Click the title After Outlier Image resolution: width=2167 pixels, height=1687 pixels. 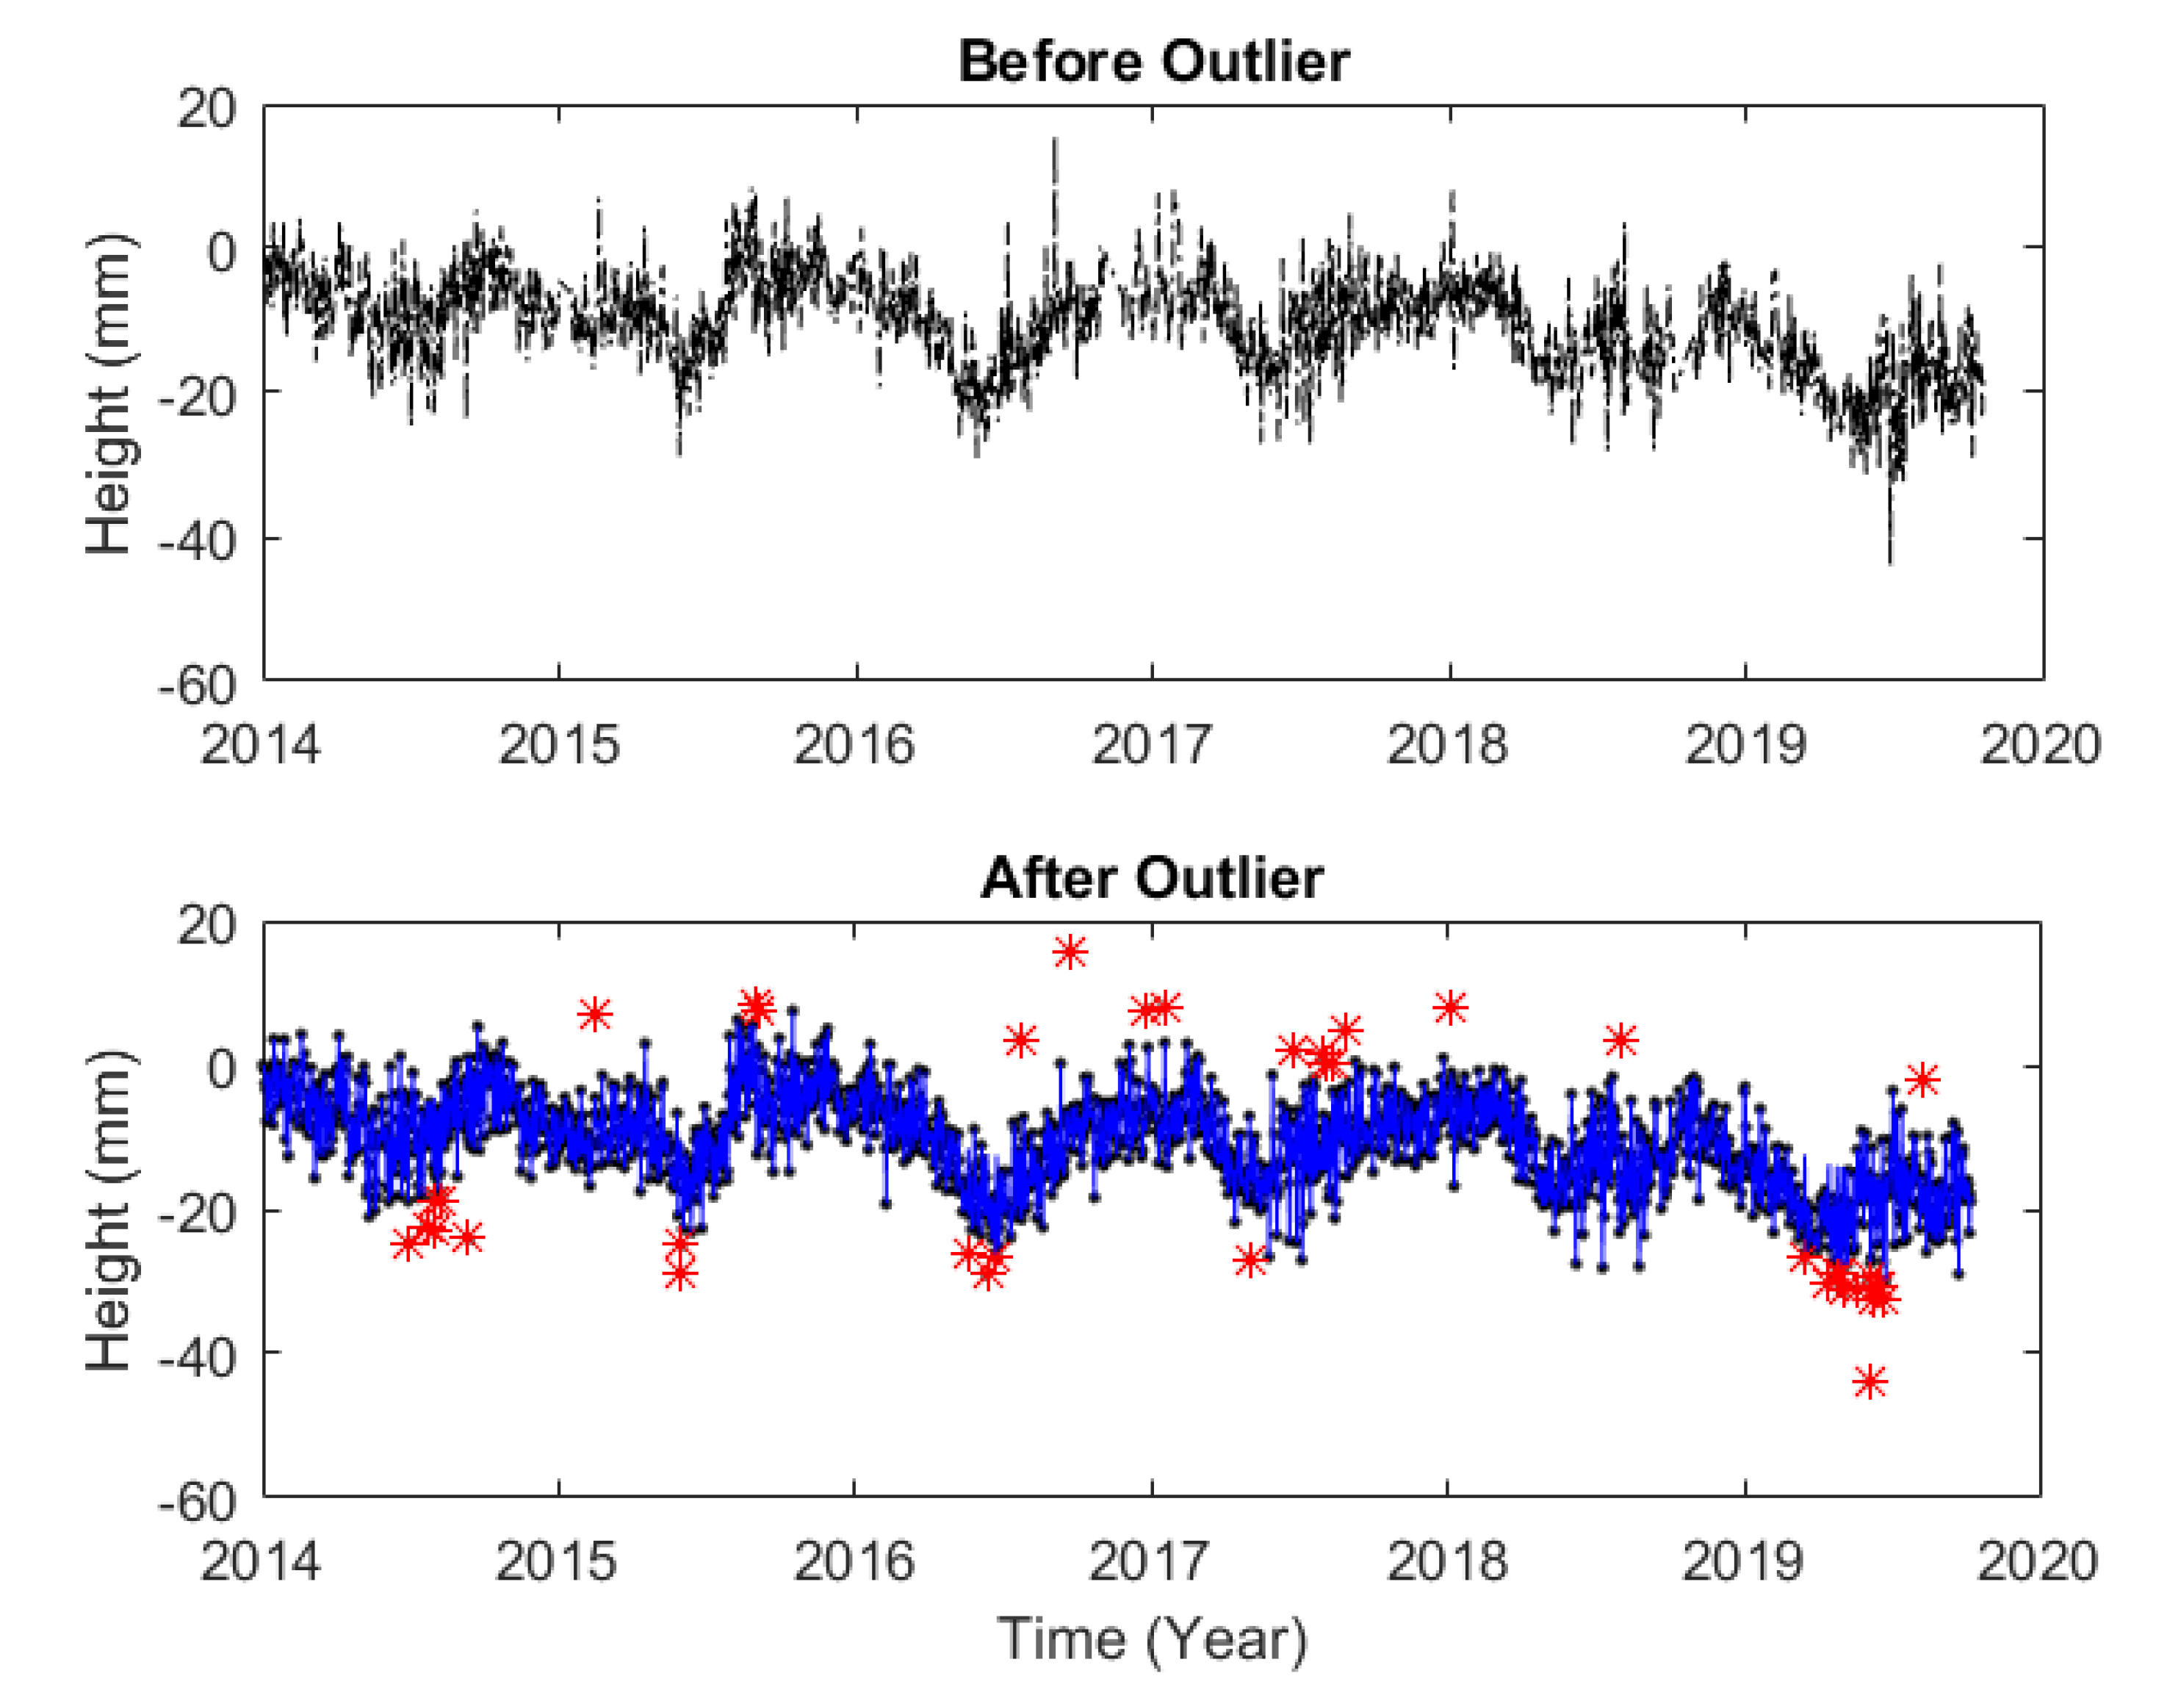click(x=1152, y=878)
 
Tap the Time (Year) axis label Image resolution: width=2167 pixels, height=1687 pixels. click(x=1152, y=1639)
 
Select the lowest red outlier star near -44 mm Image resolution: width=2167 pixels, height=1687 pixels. click(x=1869, y=1381)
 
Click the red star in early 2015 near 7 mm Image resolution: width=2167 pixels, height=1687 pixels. click(x=594, y=1014)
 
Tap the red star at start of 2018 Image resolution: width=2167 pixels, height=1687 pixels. click(x=1451, y=1008)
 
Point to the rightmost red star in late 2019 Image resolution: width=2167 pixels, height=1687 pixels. click(x=1923, y=1079)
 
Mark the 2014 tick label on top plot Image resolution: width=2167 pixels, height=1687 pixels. click(x=260, y=745)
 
